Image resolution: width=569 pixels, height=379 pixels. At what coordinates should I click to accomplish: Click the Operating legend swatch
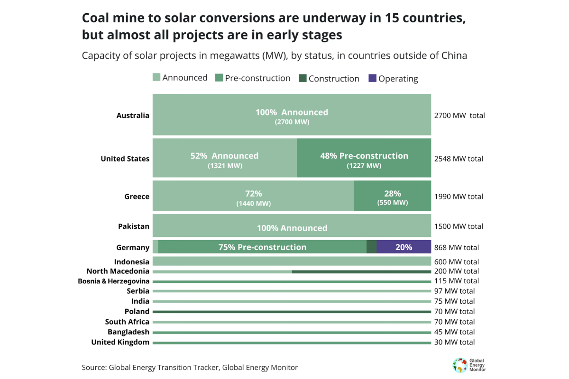coord(372,78)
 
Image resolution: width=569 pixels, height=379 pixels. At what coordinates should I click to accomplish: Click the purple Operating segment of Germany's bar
coord(404,247)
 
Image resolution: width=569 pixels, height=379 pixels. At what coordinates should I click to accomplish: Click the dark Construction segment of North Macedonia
coord(361,271)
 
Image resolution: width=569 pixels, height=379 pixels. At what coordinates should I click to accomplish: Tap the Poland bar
coord(291,312)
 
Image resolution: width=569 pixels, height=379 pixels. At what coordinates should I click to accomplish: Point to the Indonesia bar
coord(291,262)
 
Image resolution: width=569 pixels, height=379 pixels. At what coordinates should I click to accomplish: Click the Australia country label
coord(133,116)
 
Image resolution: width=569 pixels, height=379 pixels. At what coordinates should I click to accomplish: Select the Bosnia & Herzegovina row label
coord(113,281)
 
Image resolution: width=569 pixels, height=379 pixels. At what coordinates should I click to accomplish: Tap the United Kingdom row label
coord(120,342)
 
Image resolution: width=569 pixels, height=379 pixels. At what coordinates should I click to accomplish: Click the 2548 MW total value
coord(459,159)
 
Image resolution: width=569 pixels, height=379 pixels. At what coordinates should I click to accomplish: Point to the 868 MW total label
coord(456,247)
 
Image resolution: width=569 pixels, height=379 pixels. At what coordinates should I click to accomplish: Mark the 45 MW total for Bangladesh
coord(454,332)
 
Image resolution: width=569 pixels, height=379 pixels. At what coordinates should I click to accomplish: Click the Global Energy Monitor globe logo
coord(459,365)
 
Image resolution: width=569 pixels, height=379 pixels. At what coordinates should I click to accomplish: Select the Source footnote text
coord(190,367)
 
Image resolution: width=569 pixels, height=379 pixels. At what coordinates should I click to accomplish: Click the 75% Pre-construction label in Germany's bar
coord(262,247)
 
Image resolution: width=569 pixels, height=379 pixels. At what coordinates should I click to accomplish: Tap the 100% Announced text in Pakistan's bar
coord(292,228)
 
